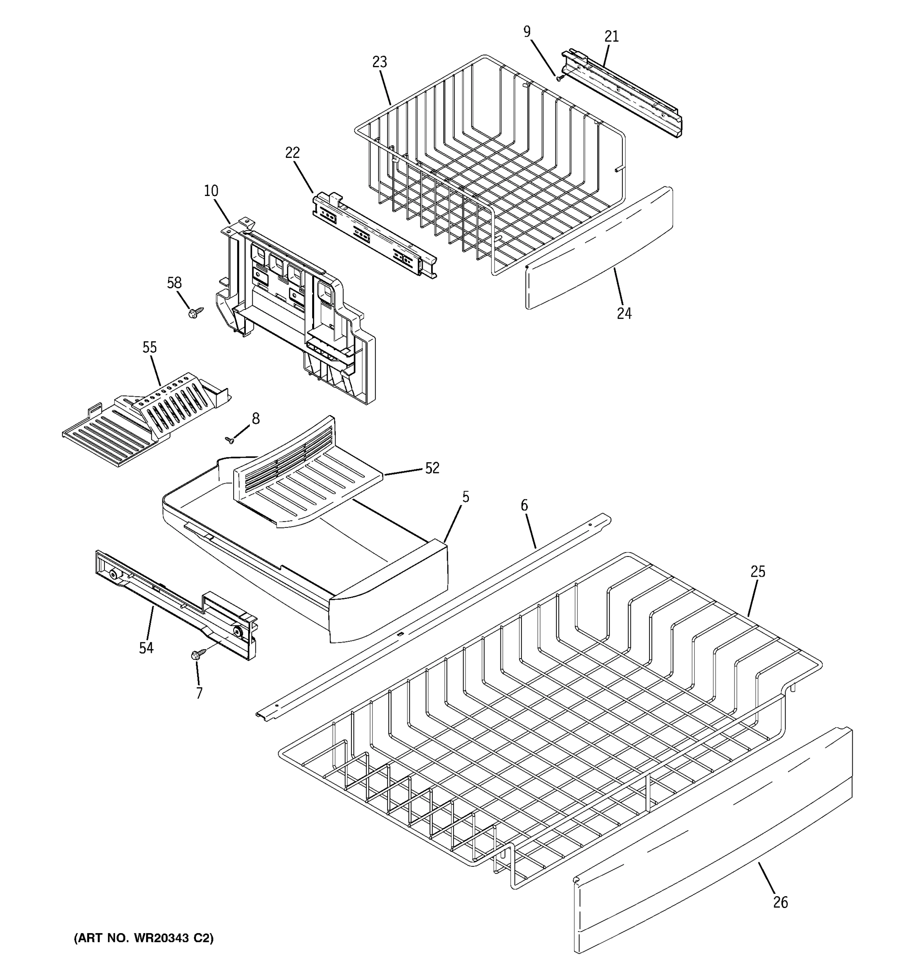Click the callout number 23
pyautogui.click(x=379, y=62)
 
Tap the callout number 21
pyautogui.click(x=611, y=37)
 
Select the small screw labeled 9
pyautogui.click(x=560, y=77)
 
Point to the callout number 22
pyautogui.click(x=292, y=153)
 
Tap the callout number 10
pyautogui.click(x=211, y=191)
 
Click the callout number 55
pyautogui.click(x=149, y=347)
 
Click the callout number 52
pyautogui.click(x=432, y=469)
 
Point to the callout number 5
pyautogui.click(x=465, y=497)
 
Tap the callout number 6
pyautogui.click(x=524, y=505)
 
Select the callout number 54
pyautogui.click(x=146, y=648)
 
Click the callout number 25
pyautogui.click(x=758, y=571)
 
